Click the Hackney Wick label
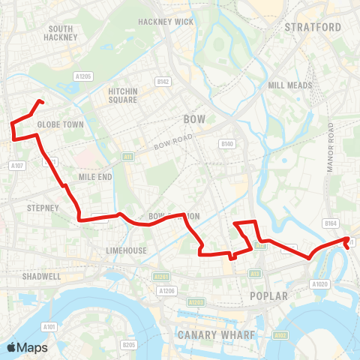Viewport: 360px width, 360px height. point(166,22)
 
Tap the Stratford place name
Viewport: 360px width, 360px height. point(313,28)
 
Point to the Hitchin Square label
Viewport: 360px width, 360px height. point(122,95)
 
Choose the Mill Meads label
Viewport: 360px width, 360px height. point(289,85)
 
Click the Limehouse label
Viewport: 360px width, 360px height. point(126,250)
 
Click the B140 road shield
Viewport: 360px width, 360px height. point(227,143)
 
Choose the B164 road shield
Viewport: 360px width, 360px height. point(330,223)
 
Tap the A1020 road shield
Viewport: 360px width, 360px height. point(321,284)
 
